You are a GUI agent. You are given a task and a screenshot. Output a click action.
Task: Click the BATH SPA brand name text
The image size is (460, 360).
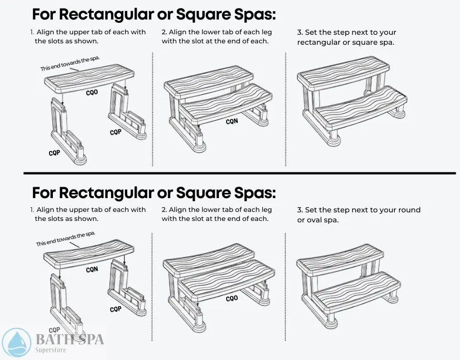coord(70,340)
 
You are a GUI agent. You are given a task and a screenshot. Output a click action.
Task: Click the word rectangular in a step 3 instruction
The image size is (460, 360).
coord(318,42)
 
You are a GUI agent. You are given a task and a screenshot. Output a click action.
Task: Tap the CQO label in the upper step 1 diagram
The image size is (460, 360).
coord(92,92)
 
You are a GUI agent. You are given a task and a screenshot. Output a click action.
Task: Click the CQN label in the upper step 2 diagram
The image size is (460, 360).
coord(232,121)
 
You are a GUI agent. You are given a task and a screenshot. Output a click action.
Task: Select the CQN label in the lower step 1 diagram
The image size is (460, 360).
coord(92,270)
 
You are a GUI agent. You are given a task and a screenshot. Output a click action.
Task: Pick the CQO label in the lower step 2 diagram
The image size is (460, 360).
coord(232,299)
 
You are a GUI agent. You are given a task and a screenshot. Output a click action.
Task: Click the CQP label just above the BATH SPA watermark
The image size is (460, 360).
coord(55,330)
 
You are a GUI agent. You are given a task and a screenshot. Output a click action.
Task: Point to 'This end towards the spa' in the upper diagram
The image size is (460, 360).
coord(70,63)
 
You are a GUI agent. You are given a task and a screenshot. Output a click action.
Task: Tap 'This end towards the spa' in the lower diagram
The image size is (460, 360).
coord(66,239)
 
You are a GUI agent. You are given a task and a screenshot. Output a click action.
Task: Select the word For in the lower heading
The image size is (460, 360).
coord(46,193)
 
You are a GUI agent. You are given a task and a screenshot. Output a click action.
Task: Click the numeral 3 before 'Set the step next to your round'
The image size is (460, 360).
coord(300,210)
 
